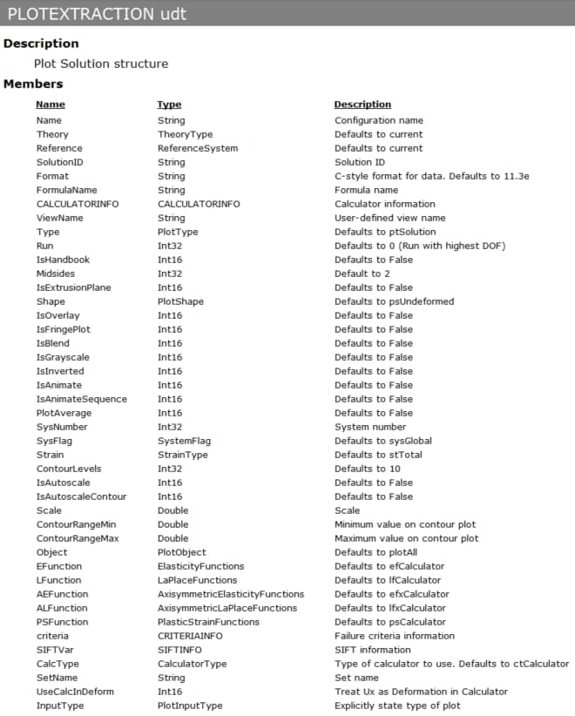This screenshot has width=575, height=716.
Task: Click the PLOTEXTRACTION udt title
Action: click(96, 14)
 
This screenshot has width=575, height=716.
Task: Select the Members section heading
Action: click(33, 84)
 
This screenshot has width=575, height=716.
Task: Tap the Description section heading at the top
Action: click(41, 43)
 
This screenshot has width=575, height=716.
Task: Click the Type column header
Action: click(169, 105)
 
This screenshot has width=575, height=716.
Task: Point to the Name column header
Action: click(51, 105)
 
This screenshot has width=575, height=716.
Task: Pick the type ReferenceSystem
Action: click(197, 148)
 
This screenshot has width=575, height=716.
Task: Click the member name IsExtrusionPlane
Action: click(73, 287)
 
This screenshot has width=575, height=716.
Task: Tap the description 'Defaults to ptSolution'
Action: click(385, 232)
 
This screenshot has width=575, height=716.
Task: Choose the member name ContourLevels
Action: click(69, 469)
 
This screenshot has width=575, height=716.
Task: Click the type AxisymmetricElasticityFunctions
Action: click(231, 594)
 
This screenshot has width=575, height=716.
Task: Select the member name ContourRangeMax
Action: click(76, 538)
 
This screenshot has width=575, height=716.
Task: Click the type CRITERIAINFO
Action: click(190, 636)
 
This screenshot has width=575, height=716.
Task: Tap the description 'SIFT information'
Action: click(372, 650)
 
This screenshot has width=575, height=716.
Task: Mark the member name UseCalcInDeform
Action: click(75, 692)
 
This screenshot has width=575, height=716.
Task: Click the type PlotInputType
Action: click(190, 706)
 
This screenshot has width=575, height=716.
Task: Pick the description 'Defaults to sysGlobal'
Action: click(383, 441)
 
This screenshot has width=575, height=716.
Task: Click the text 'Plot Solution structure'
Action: click(101, 64)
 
